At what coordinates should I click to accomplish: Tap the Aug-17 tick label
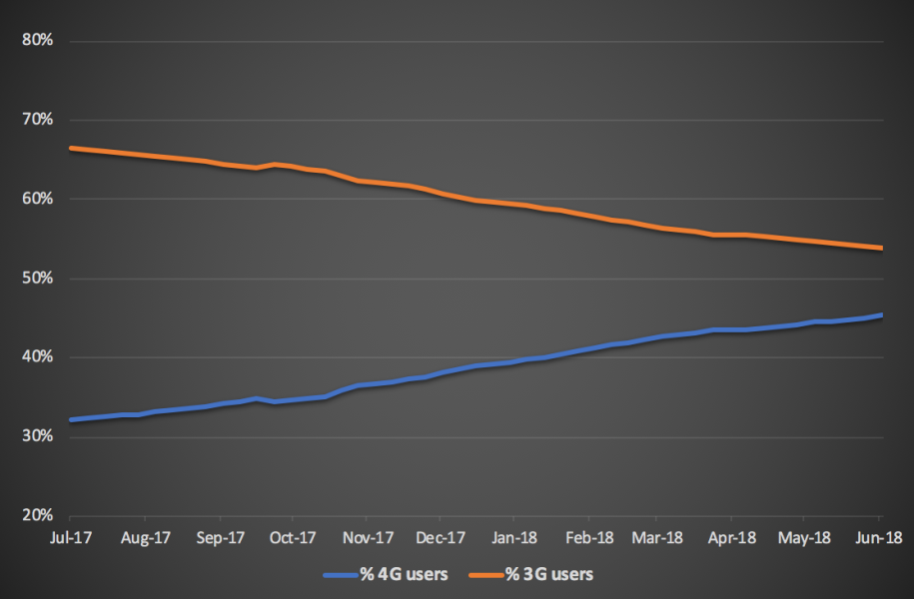(146, 537)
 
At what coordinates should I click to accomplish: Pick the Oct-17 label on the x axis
(293, 537)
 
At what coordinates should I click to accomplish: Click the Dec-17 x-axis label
(440, 537)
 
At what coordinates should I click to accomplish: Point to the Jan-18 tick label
(513, 537)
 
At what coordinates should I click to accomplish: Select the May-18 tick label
(806, 537)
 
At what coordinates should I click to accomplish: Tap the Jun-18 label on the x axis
(878, 537)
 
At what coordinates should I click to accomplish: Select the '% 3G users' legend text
(548, 574)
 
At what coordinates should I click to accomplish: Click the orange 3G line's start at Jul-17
(70, 148)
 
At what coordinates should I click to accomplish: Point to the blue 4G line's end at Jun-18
(880, 315)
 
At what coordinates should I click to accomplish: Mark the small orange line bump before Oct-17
(275, 164)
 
